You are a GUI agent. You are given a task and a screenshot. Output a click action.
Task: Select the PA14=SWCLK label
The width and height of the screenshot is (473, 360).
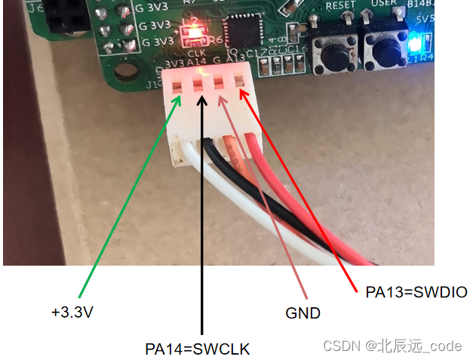[197, 349]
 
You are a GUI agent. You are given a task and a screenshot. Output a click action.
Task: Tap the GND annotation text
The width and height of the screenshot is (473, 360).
[304, 312]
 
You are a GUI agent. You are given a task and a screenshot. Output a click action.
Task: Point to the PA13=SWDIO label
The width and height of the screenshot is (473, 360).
[416, 292]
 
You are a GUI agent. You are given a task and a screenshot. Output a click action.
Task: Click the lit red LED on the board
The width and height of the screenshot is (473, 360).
[195, 32]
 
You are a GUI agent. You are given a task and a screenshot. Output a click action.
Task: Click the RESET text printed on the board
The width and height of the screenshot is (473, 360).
[340, 5]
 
